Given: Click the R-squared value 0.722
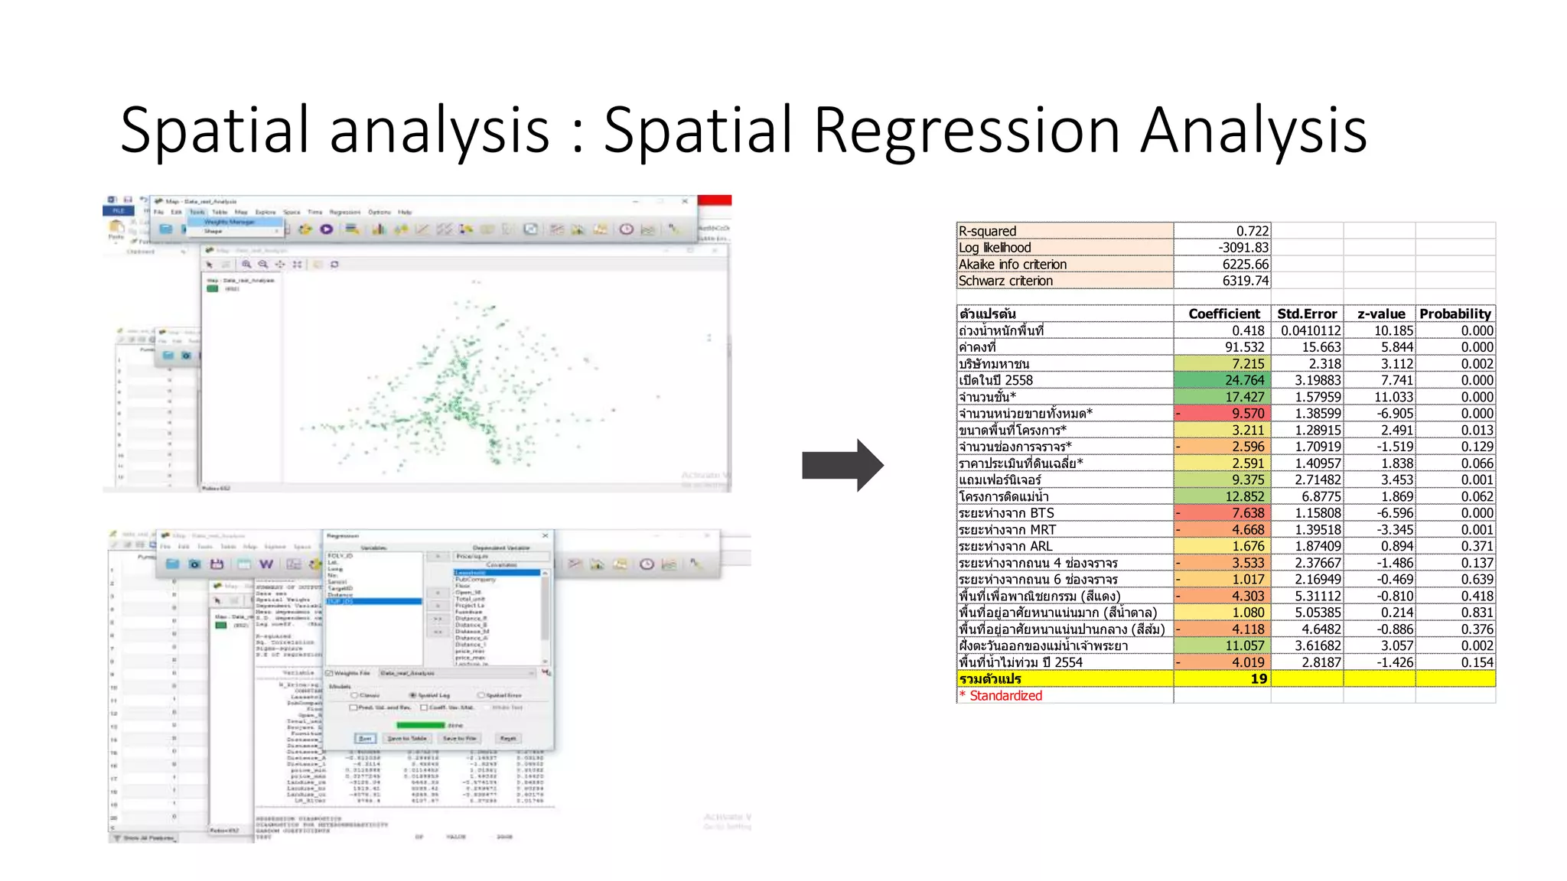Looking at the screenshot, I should pyautogui.click(x=1252, y=231).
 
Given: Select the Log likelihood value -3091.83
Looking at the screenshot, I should pyautogui.click(x=1243, y=248).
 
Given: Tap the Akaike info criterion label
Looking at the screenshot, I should pyautogui.click(x=1012, y=265).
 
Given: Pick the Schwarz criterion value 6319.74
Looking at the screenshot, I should pyautogui.click(x=1245, y=281).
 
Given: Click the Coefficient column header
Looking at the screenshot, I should pyautogui.click(x=1223, y=314).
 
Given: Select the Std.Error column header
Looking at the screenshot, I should pyautogui.click(x=1307, y=314).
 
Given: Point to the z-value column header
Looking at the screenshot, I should pyautogui.click(x=1381, y=314).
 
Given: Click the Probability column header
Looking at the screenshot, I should pyautogui.click(x=1455, y=314).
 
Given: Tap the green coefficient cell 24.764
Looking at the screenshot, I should pyautogui.click(x=1244, y=380).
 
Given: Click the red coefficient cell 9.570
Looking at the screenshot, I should pyautogui.click(x=1247, y=414).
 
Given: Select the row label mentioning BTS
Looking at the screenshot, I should pyautogui.click(x=1006, y=513).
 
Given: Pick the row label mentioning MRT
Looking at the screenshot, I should pyautogui.click(x=1007, y=530).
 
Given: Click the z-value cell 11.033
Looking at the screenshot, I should pyautogui.click(x=1393, y=397).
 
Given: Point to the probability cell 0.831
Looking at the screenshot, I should pyautogui.click(x=1477, y=613).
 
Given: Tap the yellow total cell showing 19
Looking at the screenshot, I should pyautogui.click(x=1259, y=679).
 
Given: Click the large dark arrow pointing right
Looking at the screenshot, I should pyautogui.click(x=842, y=465).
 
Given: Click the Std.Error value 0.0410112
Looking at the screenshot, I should pyautogui.click(x=1311, y=330).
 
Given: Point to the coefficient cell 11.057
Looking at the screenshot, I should pyautogui.click(x=1244, y=645).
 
